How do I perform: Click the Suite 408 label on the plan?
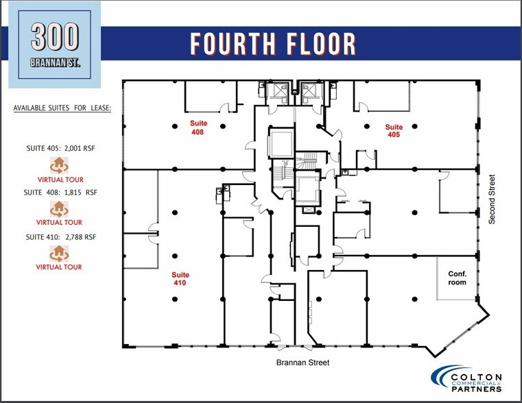[x=198, y=128]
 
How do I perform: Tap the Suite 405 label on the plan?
[x=393, y=130]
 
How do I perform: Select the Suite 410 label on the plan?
[x=180, y=278]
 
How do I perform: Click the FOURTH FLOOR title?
[x=273, y=43]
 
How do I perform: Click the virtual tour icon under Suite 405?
[x=59, y=164]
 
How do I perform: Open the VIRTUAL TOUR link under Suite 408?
[x=59, y=222]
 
